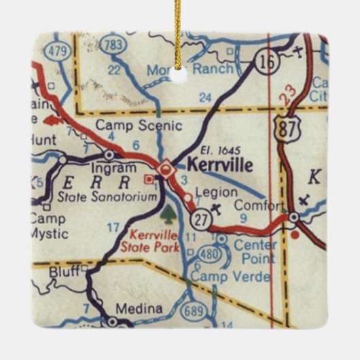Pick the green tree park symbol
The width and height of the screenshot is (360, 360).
click(168, 215)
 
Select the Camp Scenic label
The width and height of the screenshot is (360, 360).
click(139, 125)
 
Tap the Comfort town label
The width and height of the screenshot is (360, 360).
click(258, 206)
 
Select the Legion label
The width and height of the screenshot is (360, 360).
click(216, 192)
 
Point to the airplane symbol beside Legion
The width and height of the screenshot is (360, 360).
click(217, 206)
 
